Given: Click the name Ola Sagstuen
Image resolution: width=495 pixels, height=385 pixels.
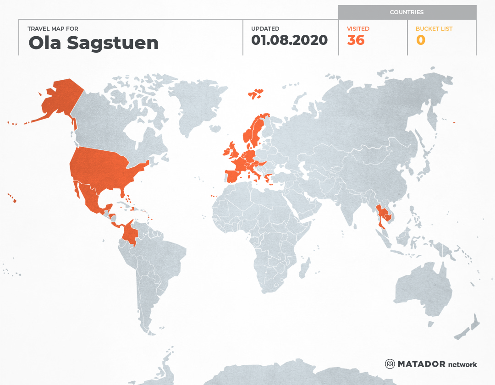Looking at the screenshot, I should (x=93, y=43).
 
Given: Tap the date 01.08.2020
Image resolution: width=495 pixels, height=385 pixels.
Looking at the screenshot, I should (x=289, y=40).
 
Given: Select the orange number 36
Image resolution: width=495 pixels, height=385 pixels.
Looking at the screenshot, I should (x=356, y=40).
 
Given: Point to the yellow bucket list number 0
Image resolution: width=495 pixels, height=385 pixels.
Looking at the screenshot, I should (x=420, y=40).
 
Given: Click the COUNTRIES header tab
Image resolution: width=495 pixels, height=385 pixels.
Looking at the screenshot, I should (x=407, y=12).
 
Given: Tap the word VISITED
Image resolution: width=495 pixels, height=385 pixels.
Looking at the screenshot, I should (x=358, y=28).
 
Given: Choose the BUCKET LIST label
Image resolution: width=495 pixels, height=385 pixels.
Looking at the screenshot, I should (x=434, y=28).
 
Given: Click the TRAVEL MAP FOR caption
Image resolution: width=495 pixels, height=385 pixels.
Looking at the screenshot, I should (x=53, y=28).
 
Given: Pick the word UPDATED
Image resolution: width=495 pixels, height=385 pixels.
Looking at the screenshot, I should (x=265, y=28).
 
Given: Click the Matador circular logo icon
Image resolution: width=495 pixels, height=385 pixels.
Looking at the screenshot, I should (x=390, y=364).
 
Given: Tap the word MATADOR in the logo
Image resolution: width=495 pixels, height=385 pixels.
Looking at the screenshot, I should (x=421, y=364).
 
